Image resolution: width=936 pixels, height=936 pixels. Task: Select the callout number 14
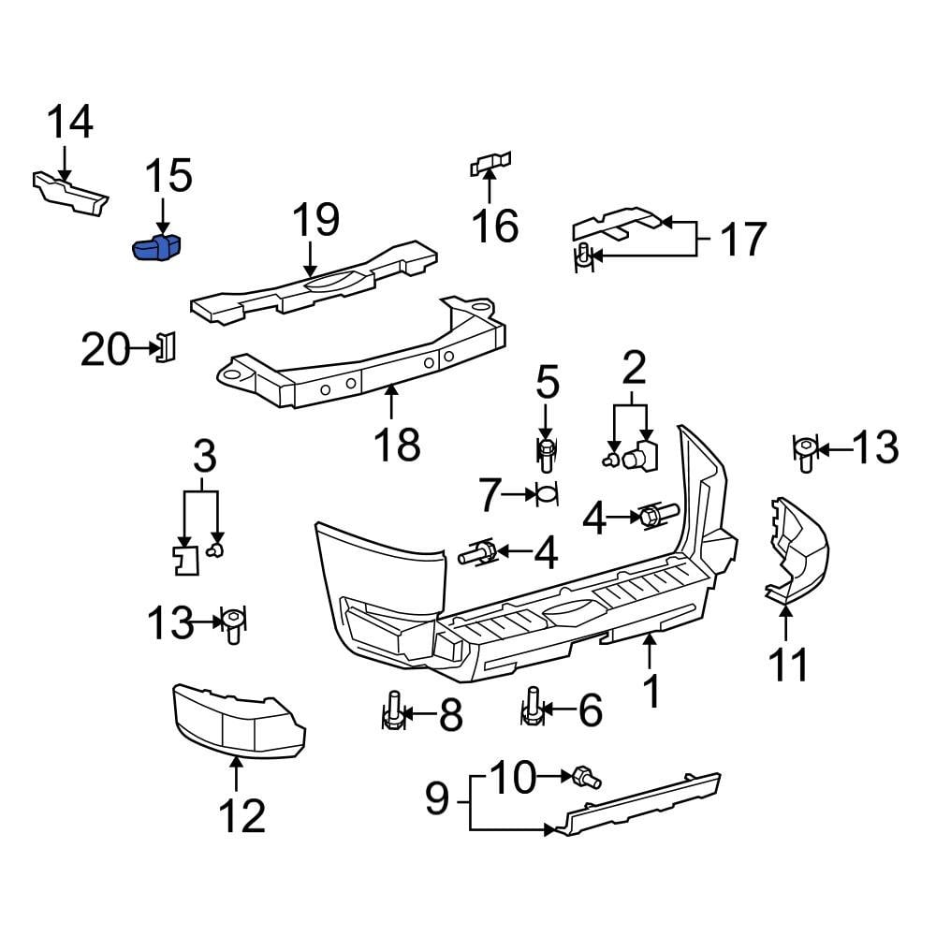[70, 123]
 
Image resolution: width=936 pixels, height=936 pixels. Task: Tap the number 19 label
[314, 222]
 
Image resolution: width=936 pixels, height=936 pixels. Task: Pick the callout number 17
[743, 240]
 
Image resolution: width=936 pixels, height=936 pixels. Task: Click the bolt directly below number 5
[547, 456]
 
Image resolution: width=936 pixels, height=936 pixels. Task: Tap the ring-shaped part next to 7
[546, 493]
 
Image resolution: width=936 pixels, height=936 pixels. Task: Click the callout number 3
[203, 458]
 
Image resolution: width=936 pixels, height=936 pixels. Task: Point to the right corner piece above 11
[796, 552]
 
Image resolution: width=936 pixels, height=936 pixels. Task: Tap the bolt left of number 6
[532, 708]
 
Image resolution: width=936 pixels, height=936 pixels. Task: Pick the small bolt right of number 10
[588, 777]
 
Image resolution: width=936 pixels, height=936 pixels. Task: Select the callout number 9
[437, 798]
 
